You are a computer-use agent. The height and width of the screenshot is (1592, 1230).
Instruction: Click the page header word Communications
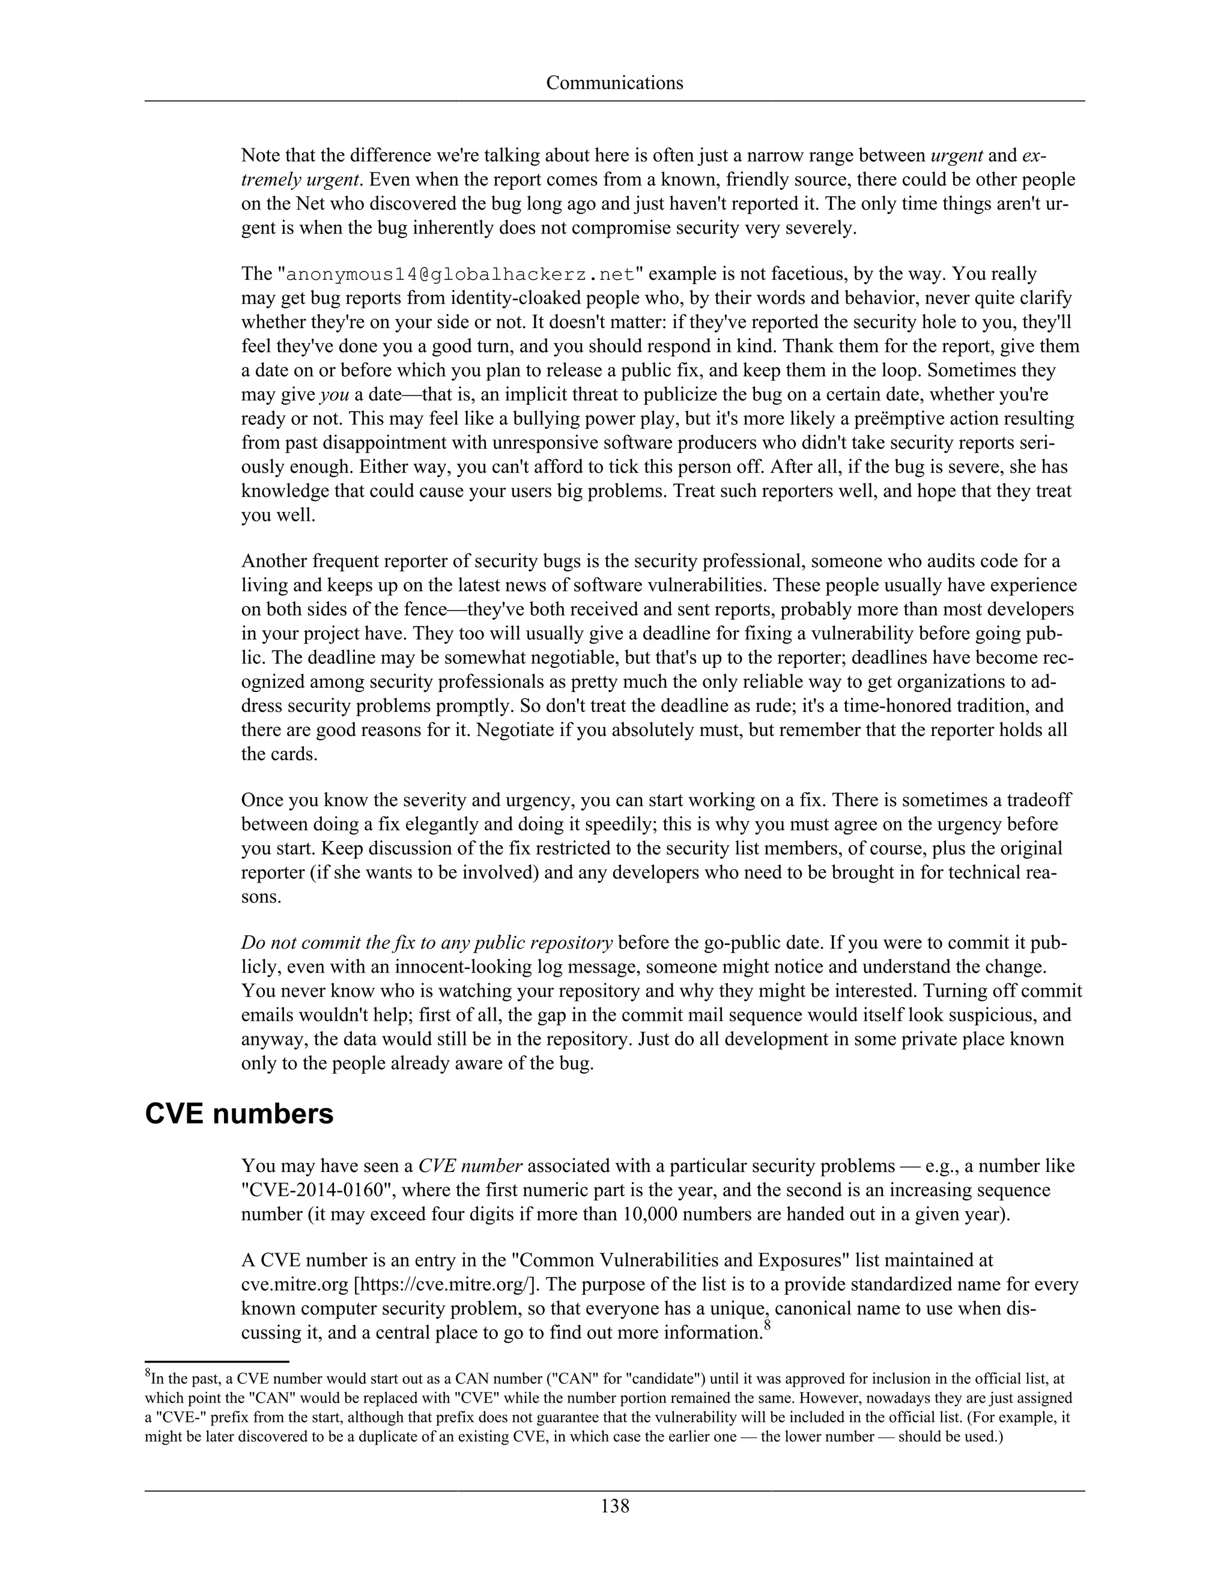click(614, 83)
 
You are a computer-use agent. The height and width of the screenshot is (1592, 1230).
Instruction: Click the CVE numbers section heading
click(239, 1114)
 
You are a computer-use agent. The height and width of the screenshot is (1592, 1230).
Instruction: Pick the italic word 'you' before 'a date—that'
click(335, 395)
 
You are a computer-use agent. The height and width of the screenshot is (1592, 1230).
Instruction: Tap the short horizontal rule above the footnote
click(217, 1361)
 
